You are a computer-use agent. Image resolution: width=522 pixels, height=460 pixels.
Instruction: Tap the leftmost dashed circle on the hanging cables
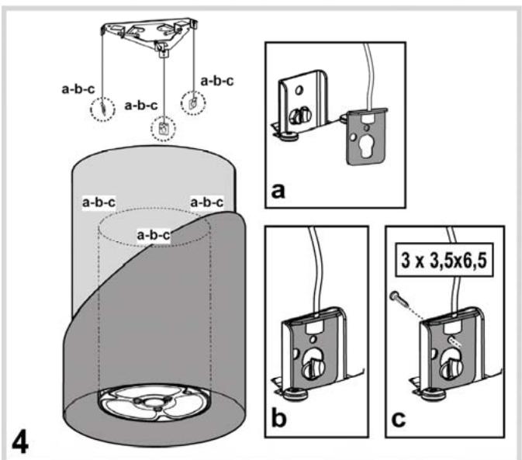pos(102,109)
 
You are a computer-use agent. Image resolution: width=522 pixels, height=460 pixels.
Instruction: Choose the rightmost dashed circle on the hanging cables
pos(192,101)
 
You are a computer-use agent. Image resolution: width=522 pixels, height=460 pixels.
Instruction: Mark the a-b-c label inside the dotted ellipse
pos(153,233)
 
